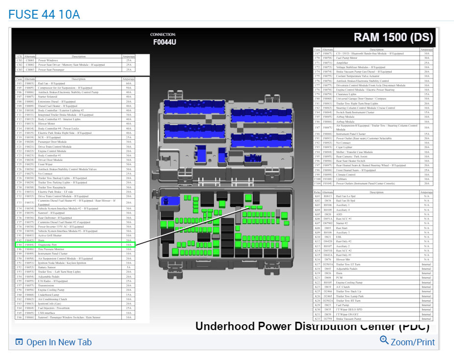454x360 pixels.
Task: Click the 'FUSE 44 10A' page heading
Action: point(44,13)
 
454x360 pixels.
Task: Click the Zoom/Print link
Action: point(407,341)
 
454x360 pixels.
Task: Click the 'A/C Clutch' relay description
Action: point(344,287)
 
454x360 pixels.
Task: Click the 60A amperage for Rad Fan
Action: point(129,83)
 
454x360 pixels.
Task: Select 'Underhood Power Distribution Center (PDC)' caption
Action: point(312,326)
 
